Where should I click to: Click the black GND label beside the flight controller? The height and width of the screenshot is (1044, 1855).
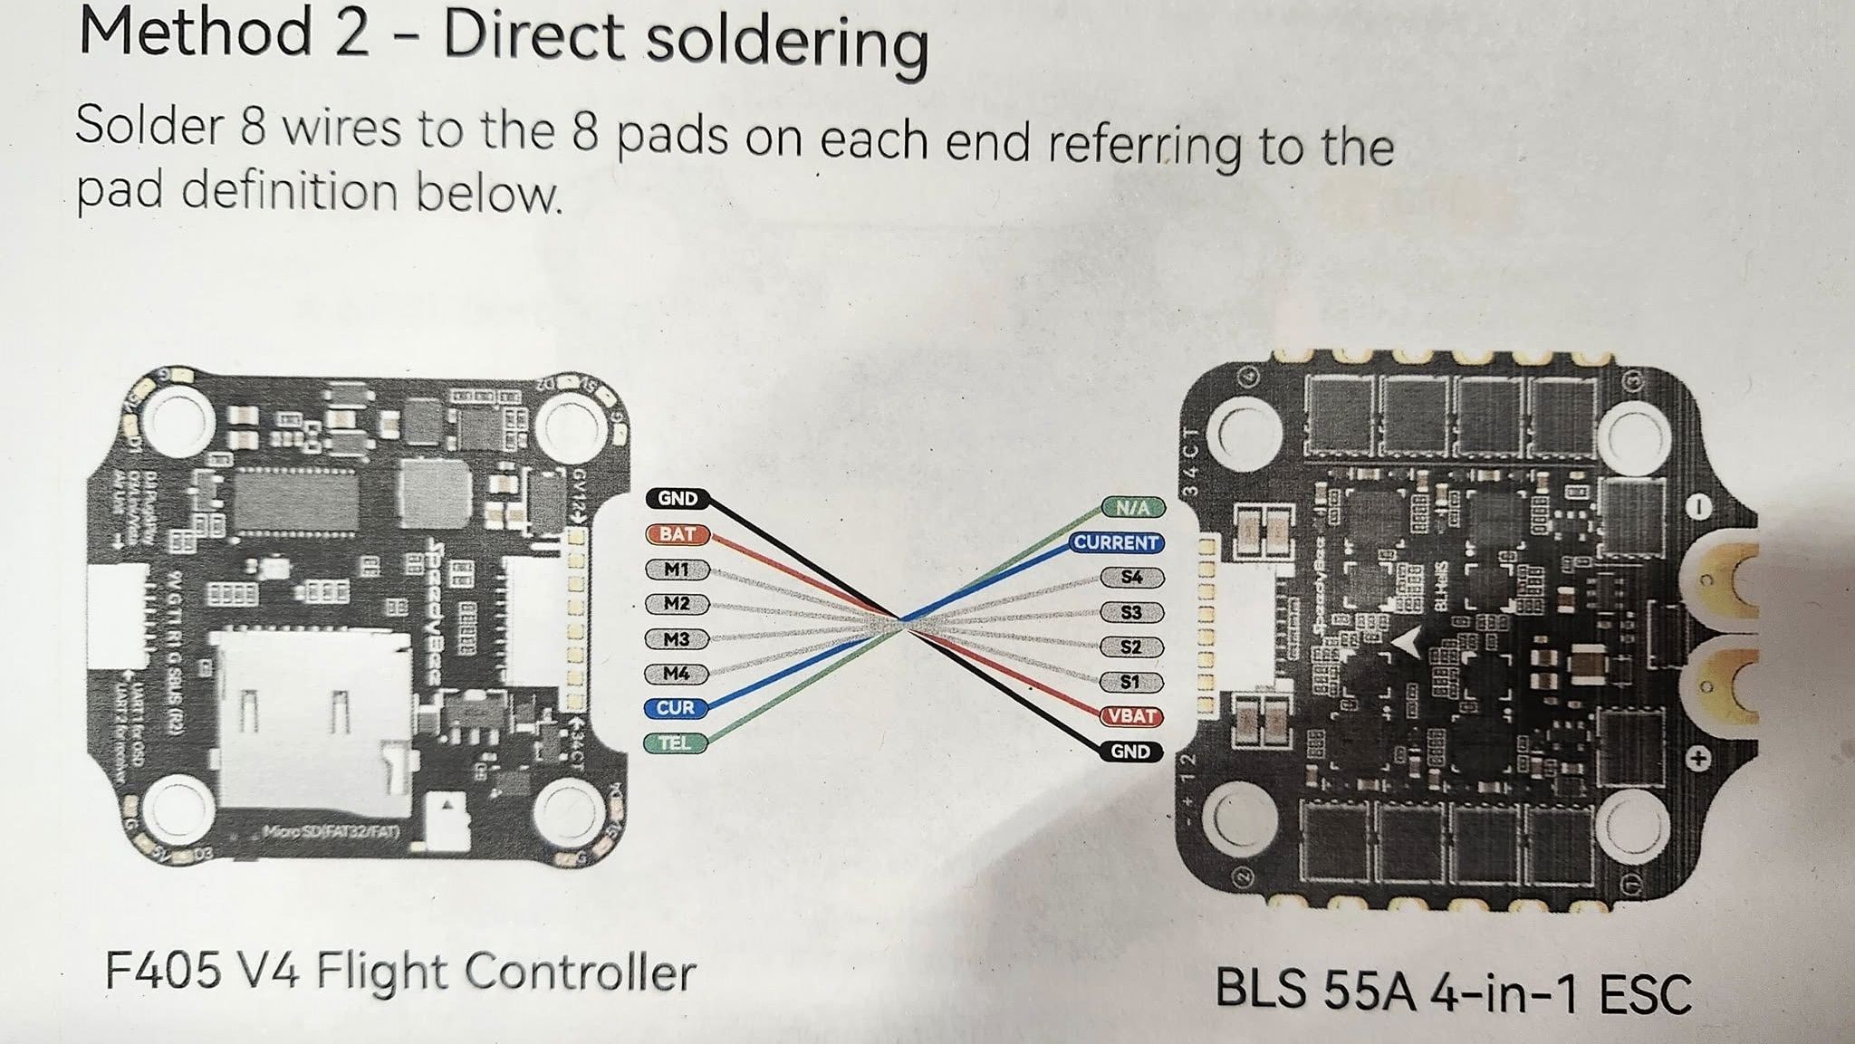click(x=678, y=498)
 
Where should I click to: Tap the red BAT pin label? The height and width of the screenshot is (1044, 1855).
click(x=678, y=534)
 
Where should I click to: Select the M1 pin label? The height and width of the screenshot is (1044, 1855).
click(x=677, y=570)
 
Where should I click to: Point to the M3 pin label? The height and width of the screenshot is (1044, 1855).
click(x=677, y=639)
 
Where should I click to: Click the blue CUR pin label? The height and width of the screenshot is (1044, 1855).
click(x=676, y=708)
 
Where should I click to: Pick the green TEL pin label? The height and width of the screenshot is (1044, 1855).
click(x=675, y=743)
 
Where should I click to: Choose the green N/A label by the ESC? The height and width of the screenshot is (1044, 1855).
click(x=1132, y=508)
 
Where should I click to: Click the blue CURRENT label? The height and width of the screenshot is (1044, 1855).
click(x=1116, y=542)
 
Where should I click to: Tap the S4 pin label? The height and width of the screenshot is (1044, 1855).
click(x=1131, y=577)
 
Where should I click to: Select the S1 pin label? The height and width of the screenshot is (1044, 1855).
click(x=1130, y=682)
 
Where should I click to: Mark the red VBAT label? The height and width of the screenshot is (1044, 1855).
click(x=1131, y=716)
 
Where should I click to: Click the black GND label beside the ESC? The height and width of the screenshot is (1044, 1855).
click(x=1130, y=752)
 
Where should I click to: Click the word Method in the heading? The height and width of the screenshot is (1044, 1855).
click(x=196, y=33)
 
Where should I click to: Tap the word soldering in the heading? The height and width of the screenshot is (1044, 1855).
click(x=784, y=42)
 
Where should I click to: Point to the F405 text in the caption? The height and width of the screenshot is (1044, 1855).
click(x=163, y=972)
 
